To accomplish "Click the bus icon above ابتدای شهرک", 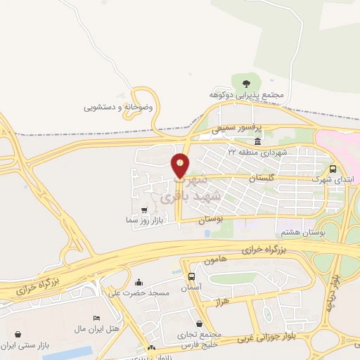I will point(333,169).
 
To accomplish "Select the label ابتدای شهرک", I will point(330,179).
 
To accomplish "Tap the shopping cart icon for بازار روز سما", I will point(144,210).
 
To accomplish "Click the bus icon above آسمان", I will point(192,276).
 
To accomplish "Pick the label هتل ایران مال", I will point(96,328).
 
